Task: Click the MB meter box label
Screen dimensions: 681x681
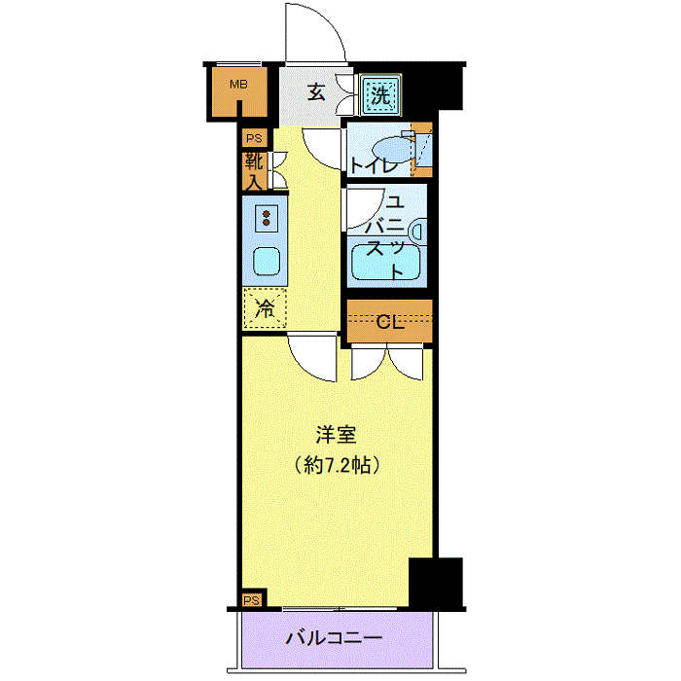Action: point(239,84)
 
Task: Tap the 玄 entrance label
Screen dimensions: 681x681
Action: point(316,92)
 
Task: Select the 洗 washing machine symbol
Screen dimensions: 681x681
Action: point(380,94)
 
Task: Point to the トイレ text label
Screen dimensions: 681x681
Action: point(374,165)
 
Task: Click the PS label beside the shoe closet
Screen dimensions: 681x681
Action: point(254,138)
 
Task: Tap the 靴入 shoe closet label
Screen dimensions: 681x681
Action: point(254,171)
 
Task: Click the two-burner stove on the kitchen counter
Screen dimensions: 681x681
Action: point(267,218)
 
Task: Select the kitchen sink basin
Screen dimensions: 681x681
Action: point(267,261)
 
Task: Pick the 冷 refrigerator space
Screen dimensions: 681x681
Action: point(265,308)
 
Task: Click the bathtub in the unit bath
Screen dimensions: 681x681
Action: point(386,262)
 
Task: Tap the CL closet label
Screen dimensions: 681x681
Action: point(389,322)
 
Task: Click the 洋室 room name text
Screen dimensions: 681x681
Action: point(337,435)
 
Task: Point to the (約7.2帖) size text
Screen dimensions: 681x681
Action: point(338,466)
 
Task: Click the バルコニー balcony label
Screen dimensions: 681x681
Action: point(335,637)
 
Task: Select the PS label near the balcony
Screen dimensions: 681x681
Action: point(251,600)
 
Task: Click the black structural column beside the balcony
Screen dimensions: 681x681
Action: point(436,583)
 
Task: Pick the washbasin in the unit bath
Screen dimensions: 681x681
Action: point(417,231)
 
